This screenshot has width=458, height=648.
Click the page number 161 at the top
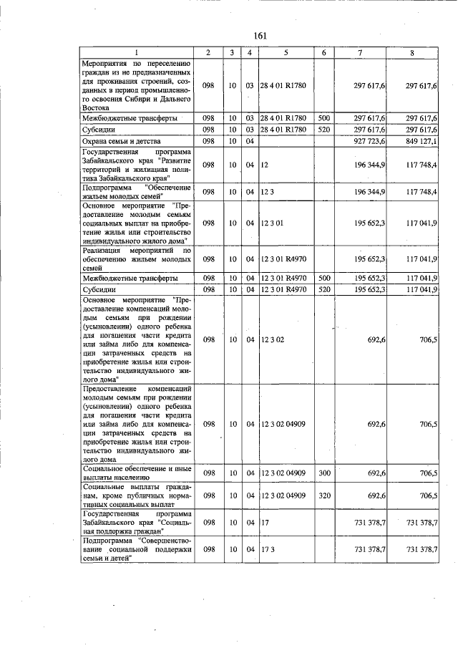[x=260, y=36]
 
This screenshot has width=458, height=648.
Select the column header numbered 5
[x=285, y=53]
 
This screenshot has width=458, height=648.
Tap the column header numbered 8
[x=411, y=53]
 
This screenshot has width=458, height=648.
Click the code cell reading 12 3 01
[x=273, y=223]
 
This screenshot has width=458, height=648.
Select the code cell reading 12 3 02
[x=273, y=339]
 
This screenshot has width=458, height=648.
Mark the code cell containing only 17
[x=264, y=523]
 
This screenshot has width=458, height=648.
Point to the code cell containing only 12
[x=264, y=165]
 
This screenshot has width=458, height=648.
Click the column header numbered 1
[x=137, y=53]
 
